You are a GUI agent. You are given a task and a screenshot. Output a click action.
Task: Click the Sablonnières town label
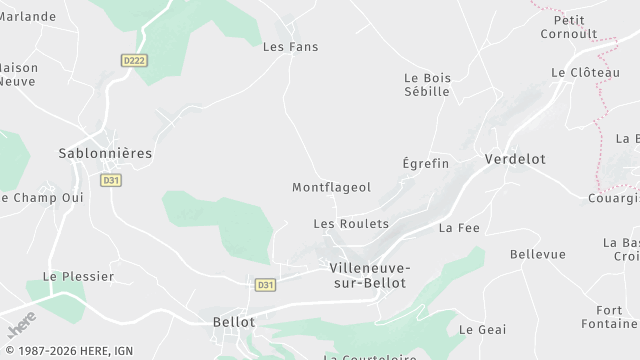[x=106, y=153]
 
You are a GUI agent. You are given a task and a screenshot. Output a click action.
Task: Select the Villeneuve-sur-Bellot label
[x=369, y=275]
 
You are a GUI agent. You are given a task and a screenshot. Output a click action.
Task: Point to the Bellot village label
[x=234, y=322]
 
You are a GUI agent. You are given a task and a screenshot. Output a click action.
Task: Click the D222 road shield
[x=134, y=61]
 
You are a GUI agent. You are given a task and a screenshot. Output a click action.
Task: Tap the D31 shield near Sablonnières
[x=111, y=180]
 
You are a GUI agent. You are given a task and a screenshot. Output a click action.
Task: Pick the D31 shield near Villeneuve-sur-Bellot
[x=265, y=285]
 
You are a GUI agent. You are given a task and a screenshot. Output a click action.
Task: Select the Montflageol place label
[x=331, y=187]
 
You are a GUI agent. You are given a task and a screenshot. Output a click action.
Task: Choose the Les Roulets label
[x=350, y=224]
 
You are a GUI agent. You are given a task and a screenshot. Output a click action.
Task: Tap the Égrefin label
[x=425, y=163]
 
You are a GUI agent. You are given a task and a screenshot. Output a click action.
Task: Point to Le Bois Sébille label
[x=427, y=84]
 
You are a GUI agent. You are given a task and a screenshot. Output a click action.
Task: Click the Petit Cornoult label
[x=568, y=25]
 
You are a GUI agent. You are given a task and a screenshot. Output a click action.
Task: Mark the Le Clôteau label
[x=578, y=73]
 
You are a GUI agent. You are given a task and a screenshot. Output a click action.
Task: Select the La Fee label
[x=459, y=228]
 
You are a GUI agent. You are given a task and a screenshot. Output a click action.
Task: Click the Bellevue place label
[x=537, y=254]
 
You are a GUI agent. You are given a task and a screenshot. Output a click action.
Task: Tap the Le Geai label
[x=482, y=329]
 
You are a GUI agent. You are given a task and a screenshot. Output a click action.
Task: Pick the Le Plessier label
[x=78, y=276]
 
